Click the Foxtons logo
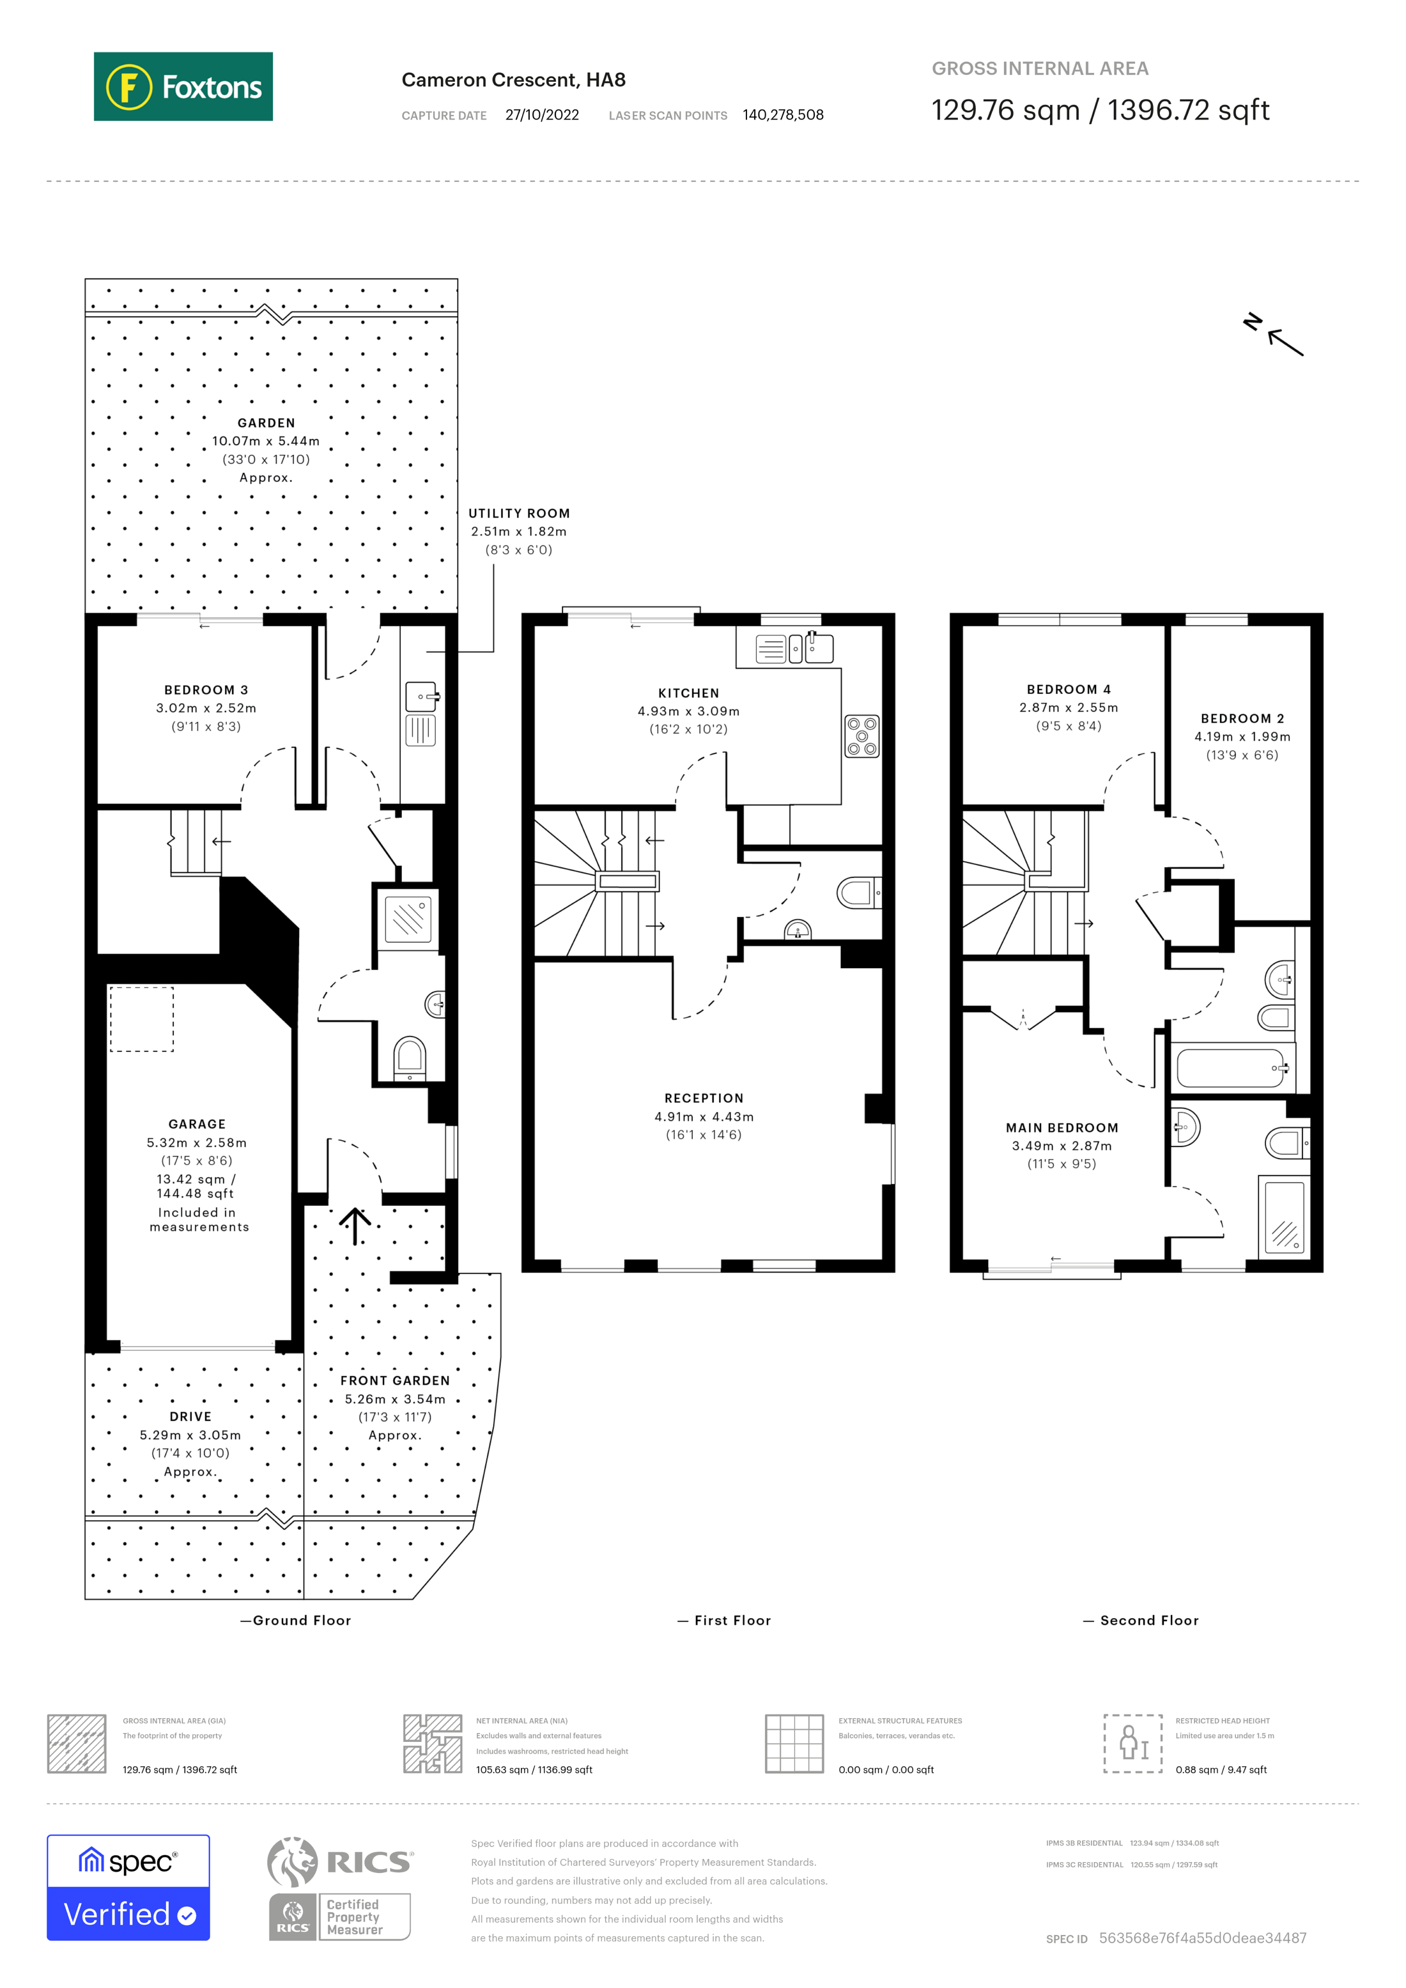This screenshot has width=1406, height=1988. tap(183, 86)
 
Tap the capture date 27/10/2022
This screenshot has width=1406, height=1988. tap(542, 115)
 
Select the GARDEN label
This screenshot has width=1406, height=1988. tap(266, 422)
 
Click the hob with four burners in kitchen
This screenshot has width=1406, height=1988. tap(861, 736)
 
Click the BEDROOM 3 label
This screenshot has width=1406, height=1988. tap(206, 690)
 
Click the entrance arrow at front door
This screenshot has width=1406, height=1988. tap(355, 1225)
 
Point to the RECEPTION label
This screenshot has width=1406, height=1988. tap(704, 1098)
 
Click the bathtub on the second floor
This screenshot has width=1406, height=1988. tap(1230, 1068)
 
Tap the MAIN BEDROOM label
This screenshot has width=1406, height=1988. tap(1062, 1127)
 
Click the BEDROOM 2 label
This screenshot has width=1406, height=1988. tap(1242, 719)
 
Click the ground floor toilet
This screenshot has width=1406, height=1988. tap(410, 1058)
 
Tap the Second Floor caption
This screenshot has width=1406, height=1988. tap(1148, 1621)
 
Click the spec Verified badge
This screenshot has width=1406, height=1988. tap(128, 1888)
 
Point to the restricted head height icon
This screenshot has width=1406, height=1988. tap(1132, 1743)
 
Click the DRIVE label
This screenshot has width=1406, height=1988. tap(190, 1417)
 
